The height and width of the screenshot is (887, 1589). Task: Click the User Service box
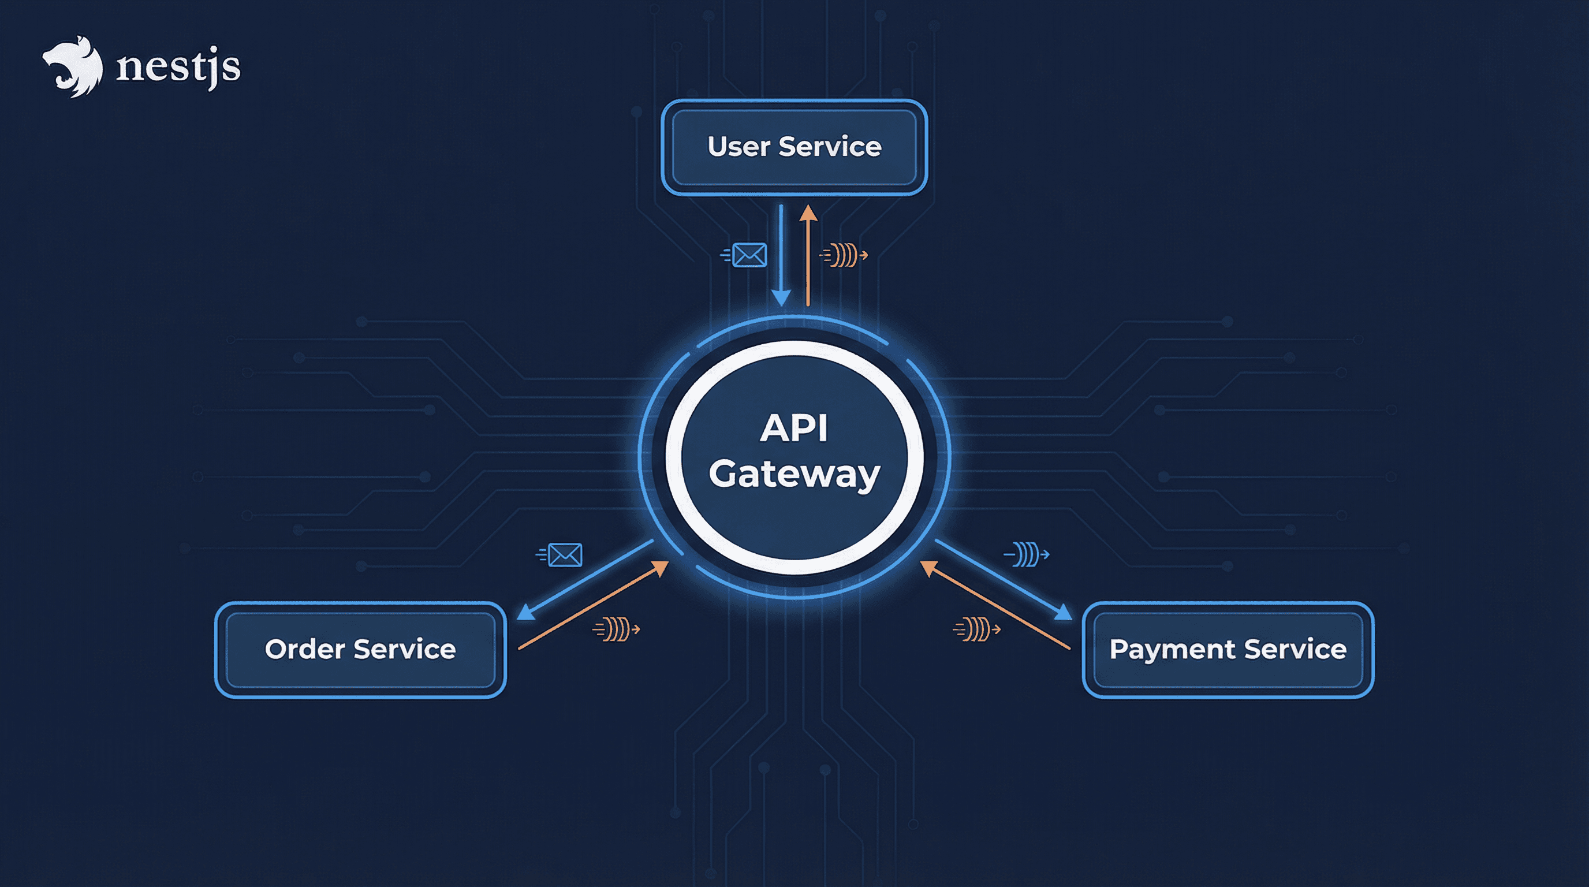pyautogui.click(x=794, y=147)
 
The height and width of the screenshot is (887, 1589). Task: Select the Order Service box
pyautogui.click(x=360, y=650)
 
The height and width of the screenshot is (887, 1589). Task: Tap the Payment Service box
pyautogui.click(x=1228, y=650)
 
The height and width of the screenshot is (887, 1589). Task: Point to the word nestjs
pyautogui.click(x=178, y=66)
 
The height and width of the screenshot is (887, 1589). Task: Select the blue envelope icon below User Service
pyautogui.click(x=747, y=255)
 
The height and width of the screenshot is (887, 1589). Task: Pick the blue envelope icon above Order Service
pyautogui.click(x=562, y=554)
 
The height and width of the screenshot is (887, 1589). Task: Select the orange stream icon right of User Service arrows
pyautogui.click(x=844, y=255)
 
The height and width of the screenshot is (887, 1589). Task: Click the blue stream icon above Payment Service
pyautogui.click(x=1027, y=554)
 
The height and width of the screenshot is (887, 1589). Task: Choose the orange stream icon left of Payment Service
pyautogui.click(x=977, y=629)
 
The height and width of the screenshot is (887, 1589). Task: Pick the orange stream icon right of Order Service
pyautogui.click(x=616, y=629)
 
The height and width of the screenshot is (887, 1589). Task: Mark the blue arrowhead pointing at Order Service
pyautogui.click(x=525, y=613)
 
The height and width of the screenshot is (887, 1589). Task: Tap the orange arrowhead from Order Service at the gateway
pyautogui.click(x=661, y=568)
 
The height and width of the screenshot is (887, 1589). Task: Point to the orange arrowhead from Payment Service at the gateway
pyautogui.click(x=928, y=568)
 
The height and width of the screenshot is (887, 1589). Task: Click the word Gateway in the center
pyautogui.click(x=794, y=474)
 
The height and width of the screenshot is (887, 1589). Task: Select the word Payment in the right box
pyautogui.click(x=1172, y=650)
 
